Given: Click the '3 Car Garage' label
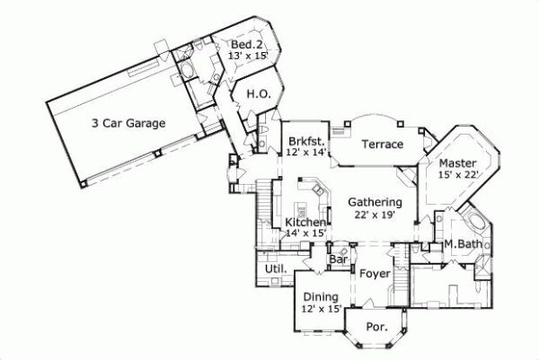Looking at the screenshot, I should (x=128, y=123).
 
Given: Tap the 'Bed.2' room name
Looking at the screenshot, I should (x=246, y=45).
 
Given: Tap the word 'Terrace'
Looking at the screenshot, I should (x=382, y=144).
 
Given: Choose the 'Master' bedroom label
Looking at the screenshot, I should (x=457, y=162).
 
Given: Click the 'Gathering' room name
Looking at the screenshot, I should (x=375, y=203).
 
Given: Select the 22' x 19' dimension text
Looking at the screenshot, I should (x=375, y=215).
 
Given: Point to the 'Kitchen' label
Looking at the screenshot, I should (x=305, y=222).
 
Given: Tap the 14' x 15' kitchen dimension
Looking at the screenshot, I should (x=305, y=233).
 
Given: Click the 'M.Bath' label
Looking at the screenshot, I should (x=464, y=244).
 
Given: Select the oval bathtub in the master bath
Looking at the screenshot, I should (x=475, y=224).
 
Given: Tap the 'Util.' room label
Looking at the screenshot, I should (x=274, y=269).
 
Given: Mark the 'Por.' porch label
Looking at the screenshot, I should (x=376, y=328).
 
